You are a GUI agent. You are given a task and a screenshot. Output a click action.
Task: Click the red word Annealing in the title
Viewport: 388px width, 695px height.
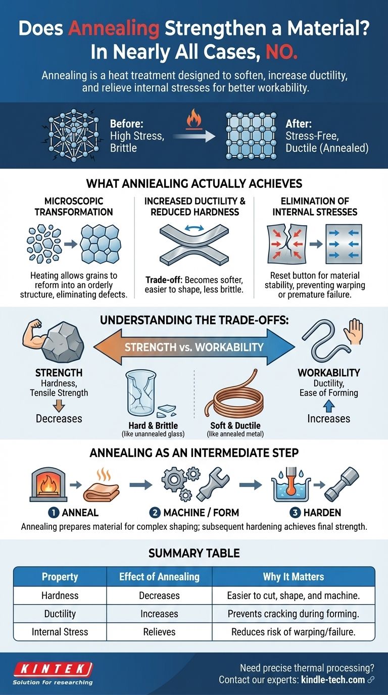[114, 28]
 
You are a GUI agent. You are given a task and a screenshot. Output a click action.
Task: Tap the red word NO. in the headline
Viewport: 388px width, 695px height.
[281, 52]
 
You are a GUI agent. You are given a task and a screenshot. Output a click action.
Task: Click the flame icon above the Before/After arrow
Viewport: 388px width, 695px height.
[194, 119]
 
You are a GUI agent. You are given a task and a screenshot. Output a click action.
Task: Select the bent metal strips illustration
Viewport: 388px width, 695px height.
[195, 245]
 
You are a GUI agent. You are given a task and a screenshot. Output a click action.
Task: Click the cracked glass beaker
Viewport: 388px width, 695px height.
[142, 394]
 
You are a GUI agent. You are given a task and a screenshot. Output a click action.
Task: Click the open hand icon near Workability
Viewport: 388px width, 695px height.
[353, 332]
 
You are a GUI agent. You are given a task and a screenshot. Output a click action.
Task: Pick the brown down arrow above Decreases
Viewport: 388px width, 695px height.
[59, 406]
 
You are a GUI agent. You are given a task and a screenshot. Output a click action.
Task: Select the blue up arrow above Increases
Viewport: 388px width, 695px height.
[329, 406]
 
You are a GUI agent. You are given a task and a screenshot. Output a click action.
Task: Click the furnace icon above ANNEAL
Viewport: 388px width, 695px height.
[48, 485]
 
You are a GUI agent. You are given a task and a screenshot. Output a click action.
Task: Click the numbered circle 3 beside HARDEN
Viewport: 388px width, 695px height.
[295, 513]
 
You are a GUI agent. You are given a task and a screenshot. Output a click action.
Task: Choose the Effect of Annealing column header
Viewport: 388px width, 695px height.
[159, 577]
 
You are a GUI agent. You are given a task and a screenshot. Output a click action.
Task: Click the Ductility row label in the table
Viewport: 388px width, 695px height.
[60, 614]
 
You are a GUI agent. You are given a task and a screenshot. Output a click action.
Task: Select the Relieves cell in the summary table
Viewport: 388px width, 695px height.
[159, 632]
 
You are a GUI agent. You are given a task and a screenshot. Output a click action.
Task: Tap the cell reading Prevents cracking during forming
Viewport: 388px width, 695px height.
[294, 614]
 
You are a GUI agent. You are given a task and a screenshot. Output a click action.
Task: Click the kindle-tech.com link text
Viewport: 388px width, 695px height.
[333, 680]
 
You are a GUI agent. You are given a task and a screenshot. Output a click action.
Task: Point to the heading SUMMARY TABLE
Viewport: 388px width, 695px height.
[194, 553]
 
